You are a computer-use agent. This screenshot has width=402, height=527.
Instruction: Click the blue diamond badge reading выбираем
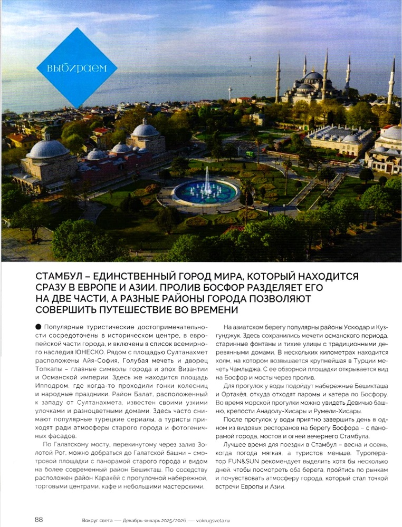[x=76, y=67]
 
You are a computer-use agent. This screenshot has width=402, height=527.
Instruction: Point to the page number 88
[x=39, y=519]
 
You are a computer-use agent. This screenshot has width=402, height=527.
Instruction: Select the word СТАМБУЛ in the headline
[x=59, y=276]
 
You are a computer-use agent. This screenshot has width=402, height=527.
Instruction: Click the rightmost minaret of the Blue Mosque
[x=391, y=82]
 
